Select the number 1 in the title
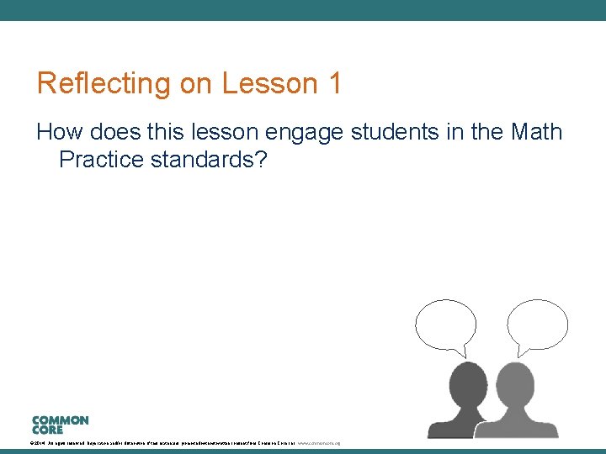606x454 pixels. (x=335, y=84)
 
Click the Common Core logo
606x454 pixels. (x=60, y=425)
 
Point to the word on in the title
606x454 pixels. (x=195, y=84)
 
